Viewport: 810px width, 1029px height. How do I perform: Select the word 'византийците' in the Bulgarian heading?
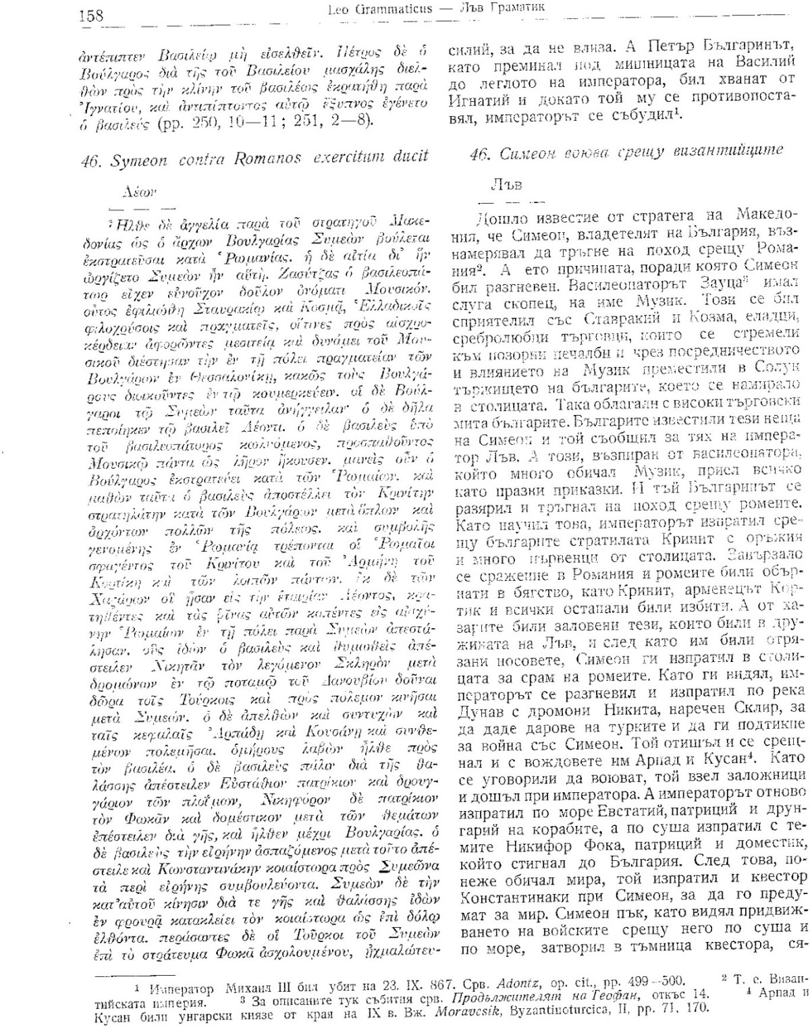pyautogui.click(x=730, y=151)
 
